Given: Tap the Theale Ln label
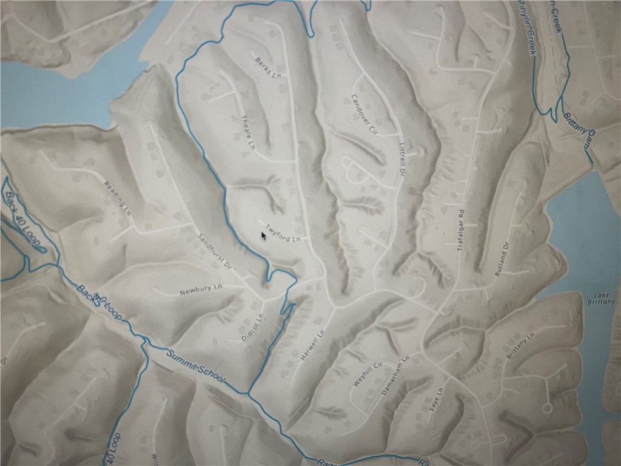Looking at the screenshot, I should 247,132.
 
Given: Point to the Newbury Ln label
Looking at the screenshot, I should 197,291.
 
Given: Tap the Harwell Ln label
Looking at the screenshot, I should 313,345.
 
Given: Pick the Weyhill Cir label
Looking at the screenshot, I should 366,374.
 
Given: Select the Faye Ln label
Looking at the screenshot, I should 437,400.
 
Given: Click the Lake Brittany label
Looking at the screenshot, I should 602,298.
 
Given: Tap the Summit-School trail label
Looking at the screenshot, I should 195,367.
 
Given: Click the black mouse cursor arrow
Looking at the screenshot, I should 264,235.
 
